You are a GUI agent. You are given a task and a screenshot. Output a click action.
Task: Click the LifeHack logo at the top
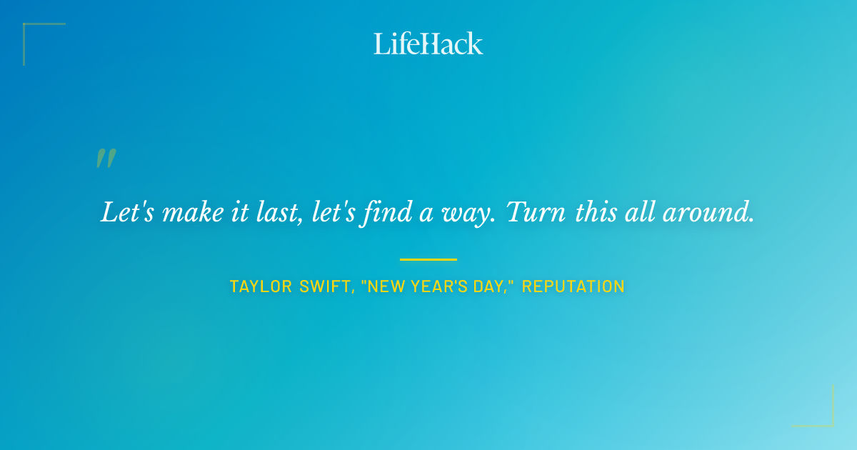pos(428,44)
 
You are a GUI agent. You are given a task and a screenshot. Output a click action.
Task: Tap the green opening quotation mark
pos(106,159)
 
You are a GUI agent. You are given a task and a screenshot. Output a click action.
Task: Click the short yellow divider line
pos(428,259)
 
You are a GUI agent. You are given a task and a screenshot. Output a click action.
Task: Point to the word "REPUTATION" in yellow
pos(573,287)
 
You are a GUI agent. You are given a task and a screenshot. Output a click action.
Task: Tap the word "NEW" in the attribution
pos(386,287)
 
